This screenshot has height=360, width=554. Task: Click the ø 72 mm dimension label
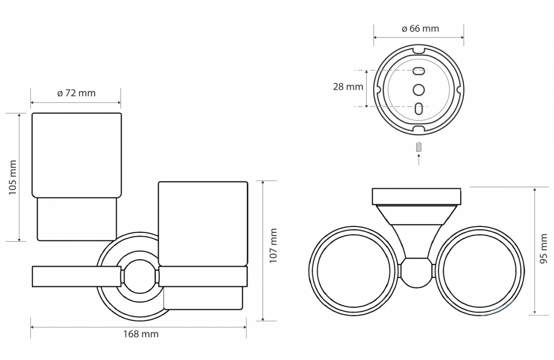[76, 93]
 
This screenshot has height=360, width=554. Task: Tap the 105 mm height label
[12, 177]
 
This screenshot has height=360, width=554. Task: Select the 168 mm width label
[141, 334]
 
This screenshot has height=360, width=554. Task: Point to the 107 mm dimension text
[273, 246]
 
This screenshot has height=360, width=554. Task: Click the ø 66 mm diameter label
[420, 29]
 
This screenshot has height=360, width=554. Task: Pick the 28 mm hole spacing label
[348, 87]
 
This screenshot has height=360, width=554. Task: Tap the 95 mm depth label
[544, 248]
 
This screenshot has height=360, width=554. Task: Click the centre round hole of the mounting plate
[419, 90]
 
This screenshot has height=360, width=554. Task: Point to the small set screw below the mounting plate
[419, 147]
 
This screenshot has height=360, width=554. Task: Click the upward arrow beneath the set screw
[419, 159]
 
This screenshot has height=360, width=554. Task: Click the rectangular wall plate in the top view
[416, 197]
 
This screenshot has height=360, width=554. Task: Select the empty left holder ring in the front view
[77, 276]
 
